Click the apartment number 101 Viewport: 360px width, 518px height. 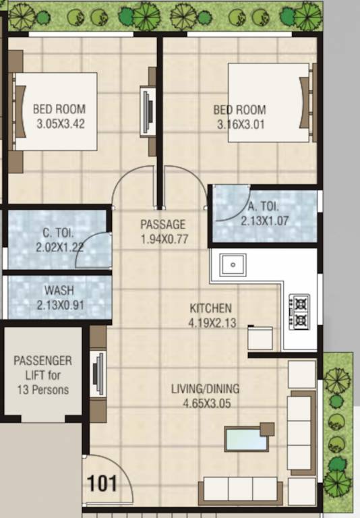pos(102,483)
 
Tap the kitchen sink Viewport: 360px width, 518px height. pos(233,264)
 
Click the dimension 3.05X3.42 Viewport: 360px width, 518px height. pos(61,123)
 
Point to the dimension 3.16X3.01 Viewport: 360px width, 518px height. pos(241,124)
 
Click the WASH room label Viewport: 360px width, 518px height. pos(59,291)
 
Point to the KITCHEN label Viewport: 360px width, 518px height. pos(210,309)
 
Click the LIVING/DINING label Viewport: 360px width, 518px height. pos(205,389)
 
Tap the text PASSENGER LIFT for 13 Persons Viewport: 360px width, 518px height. pos(42,375)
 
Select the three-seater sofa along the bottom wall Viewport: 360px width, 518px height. pos(241,489)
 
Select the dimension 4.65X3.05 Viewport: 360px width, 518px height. pos(206,403)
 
